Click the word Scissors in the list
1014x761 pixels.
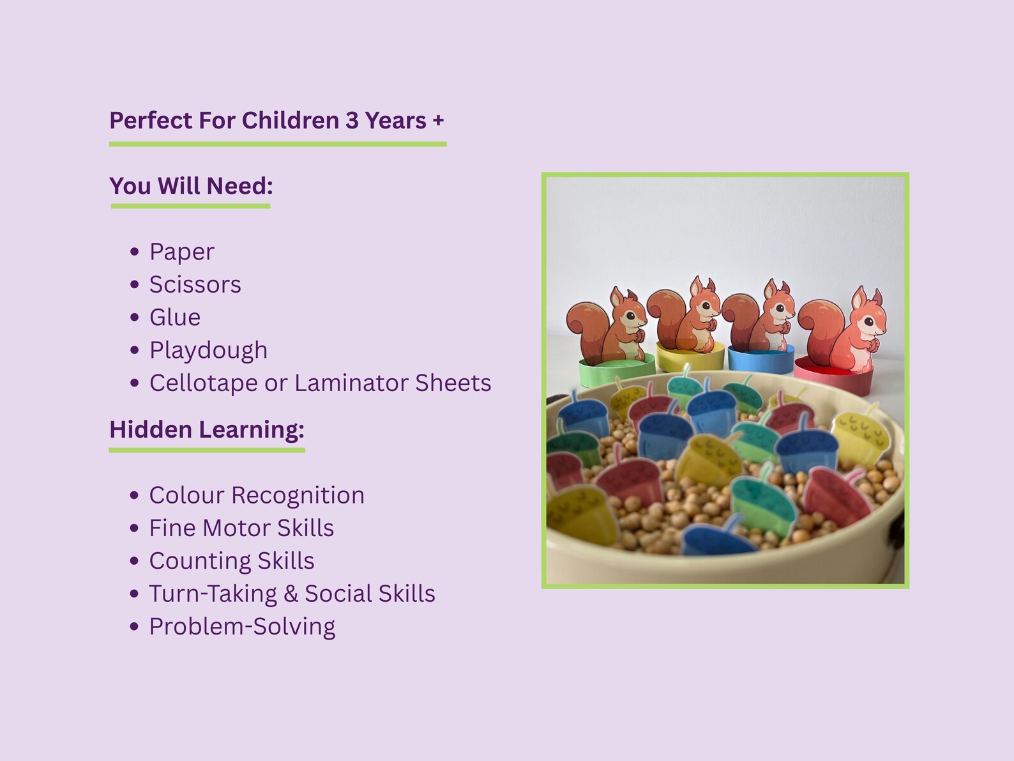coord(195,284)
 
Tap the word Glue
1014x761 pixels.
coord(174,318)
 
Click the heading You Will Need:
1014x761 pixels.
coord(191,186)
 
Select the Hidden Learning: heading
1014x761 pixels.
coord(206,430)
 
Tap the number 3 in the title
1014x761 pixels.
coord(352,121)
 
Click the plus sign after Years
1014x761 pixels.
coord(438,121)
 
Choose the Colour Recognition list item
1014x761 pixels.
coord(257,495)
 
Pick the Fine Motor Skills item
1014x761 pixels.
coord(241,528)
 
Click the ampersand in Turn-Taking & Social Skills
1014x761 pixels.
coord(291,594)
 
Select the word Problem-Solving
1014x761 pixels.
coord(242,627)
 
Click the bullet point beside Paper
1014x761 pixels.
coord(135,252)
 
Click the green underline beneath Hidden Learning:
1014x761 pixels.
coord(206,450)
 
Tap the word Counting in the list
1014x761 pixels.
coord(200,562)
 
